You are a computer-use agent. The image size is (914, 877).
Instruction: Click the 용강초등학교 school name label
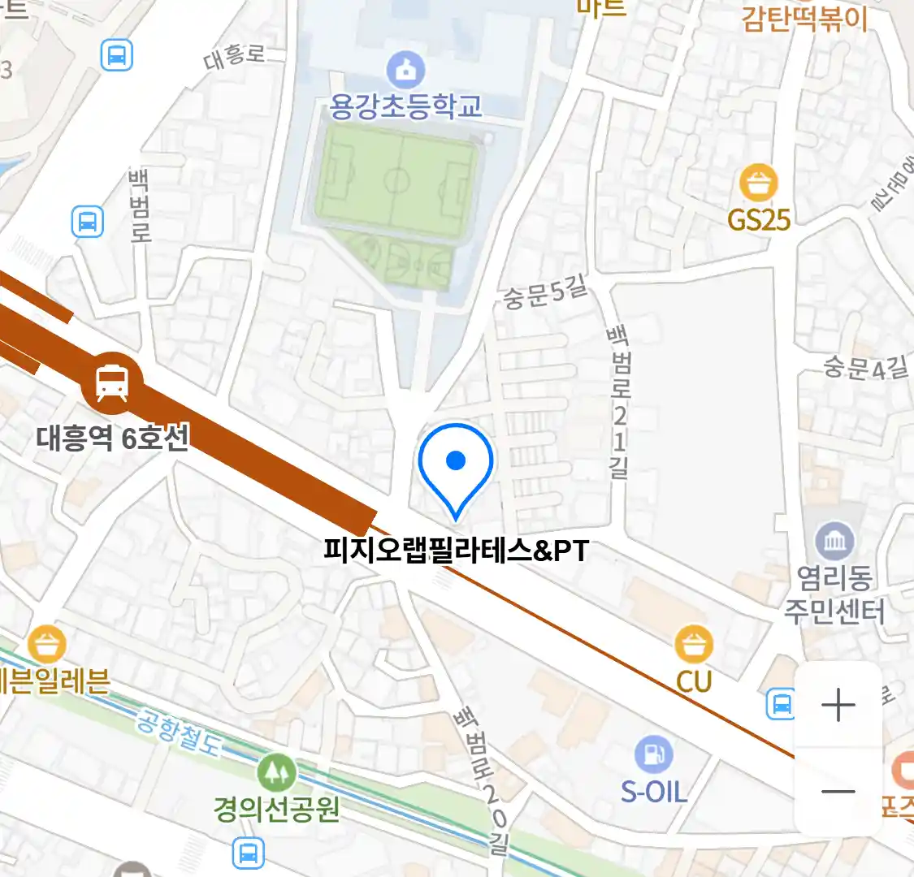[405, 106]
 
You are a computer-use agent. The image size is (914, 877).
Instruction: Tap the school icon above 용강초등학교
[405, 70]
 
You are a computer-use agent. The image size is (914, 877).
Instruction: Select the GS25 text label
[759, 219]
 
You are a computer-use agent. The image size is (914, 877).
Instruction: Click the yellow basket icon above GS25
[759, 183]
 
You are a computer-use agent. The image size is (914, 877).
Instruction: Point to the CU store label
[694, 681]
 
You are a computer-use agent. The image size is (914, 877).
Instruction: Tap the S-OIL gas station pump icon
[654, 754]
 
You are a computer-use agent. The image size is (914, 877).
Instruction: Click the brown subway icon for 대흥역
[112, 382]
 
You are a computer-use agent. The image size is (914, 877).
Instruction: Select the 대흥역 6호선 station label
[113, 438]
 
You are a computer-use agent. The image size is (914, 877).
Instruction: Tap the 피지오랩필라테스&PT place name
[456, 551]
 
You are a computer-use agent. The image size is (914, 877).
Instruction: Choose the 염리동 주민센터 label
[834, 594]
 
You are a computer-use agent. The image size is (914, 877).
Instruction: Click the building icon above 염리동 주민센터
[834, 541]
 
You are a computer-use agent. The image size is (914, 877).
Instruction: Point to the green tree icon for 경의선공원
[277, 772]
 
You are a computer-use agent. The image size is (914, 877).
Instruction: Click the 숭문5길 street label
[544, 293]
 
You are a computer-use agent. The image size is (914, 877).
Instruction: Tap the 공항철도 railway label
[178, 732]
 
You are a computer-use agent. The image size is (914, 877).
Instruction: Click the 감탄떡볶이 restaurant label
[804, 18]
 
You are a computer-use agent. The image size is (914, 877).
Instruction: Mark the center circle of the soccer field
[396, 179]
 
